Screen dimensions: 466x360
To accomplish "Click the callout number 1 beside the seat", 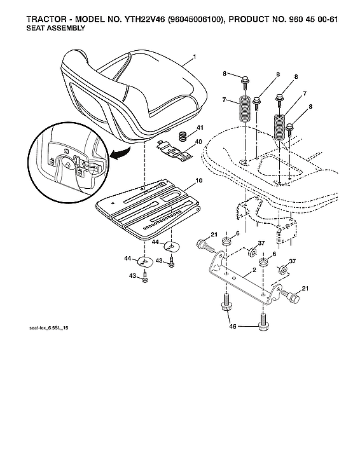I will [194, 58].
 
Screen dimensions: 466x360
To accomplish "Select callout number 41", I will [199, 130].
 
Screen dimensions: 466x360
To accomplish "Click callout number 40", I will [199, 141].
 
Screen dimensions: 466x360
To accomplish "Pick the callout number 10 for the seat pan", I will [199, 181].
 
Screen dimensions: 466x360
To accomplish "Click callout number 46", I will [232, 327].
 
